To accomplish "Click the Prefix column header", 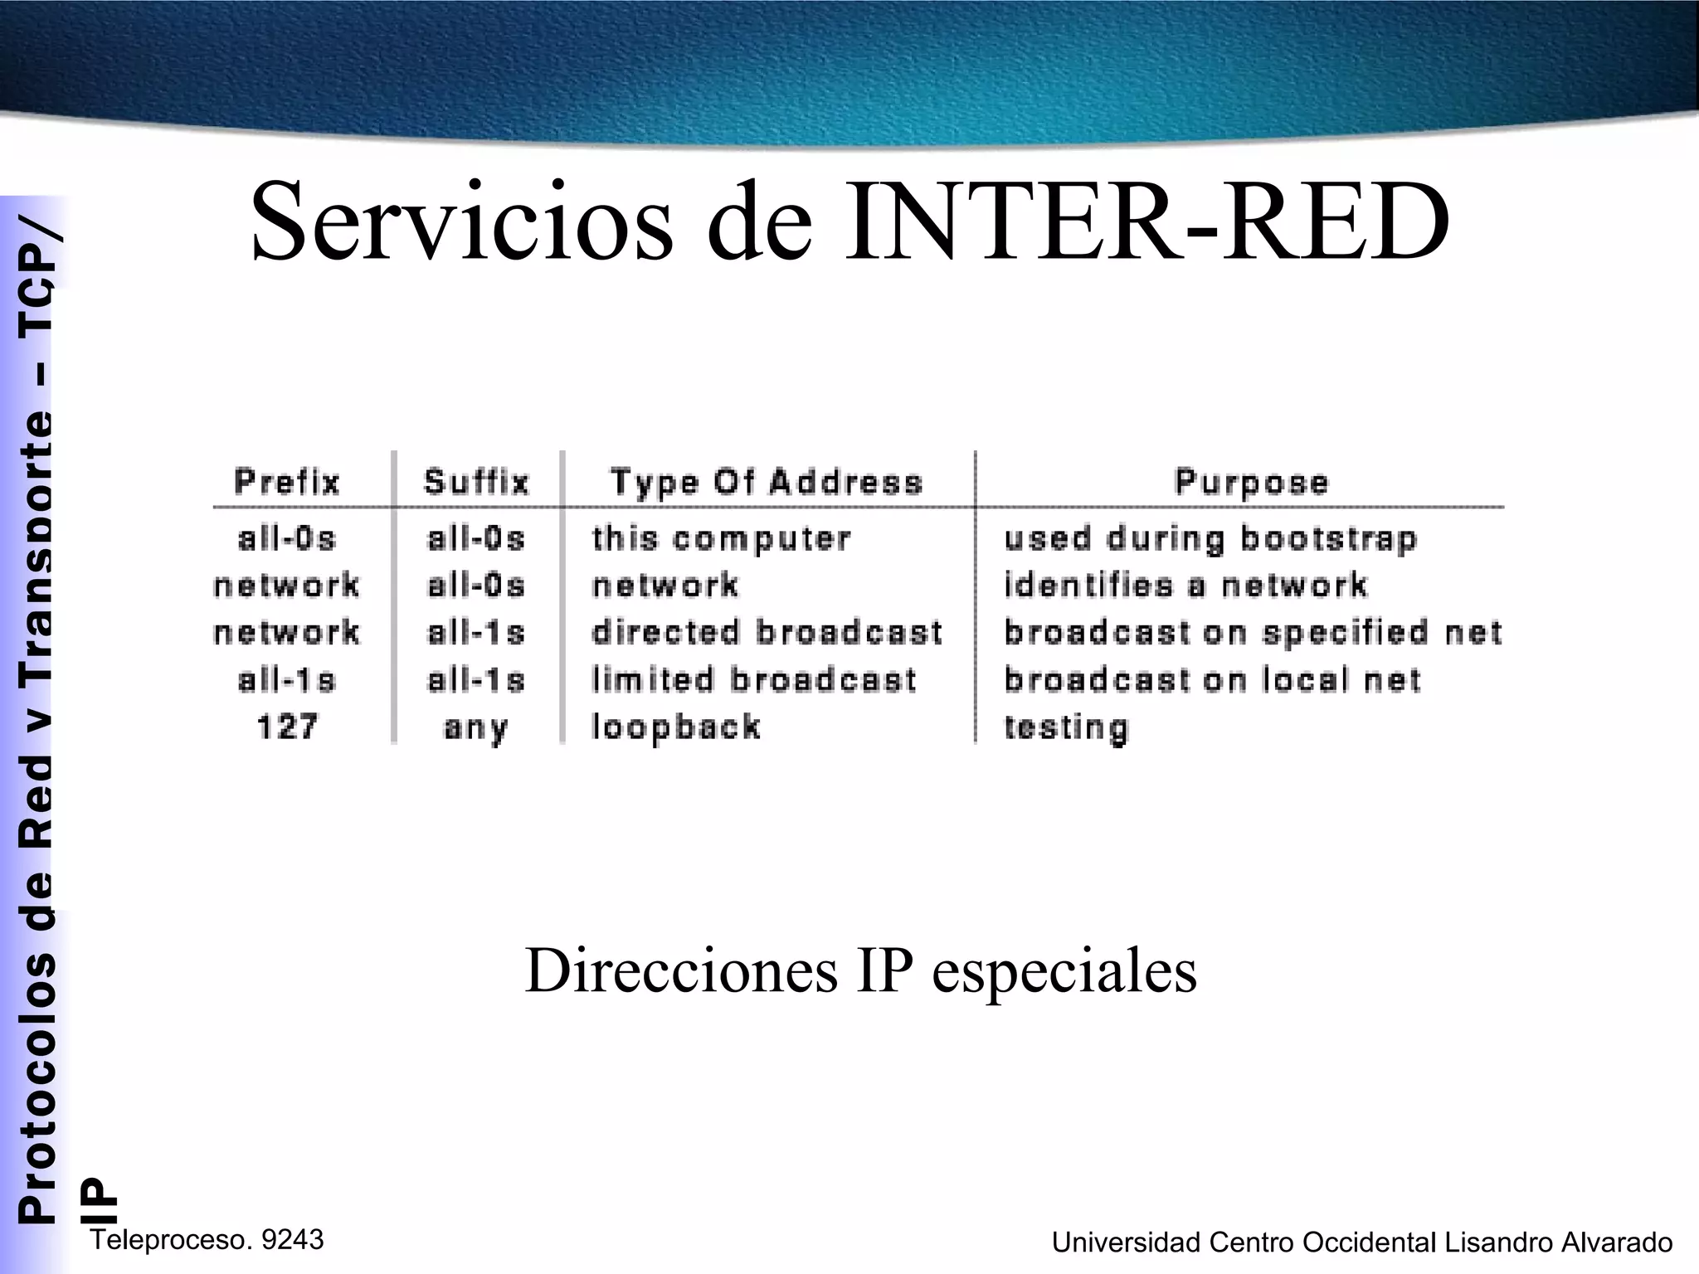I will pyautogui.click(x=287, y=482).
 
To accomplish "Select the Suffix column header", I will pyautogui.click(x=476, y=482).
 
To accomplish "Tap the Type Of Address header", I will pyautogui.click(x=767, y=482).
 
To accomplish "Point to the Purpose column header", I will pyautogui.click(x=1252, y=482).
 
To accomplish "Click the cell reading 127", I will pyautogui.click(x=287, y=727).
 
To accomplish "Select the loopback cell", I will pyautogui.click(x=676, y=727).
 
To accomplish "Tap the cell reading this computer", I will pyautogui.click(x=721, y=539).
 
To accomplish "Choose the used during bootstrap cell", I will pyautogui.click(x=1210, y=539).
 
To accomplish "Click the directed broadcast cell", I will pyautogui.click(x=767, y=633).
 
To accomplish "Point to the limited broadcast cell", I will pyautogui.click(x=754, y=680).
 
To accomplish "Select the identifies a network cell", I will pyautogui.click(x=1185, y=586).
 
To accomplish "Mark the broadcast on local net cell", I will pyautogui.click(x=1212, y=680).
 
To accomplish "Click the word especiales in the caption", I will pyautogui.click(x=1064, y=970).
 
